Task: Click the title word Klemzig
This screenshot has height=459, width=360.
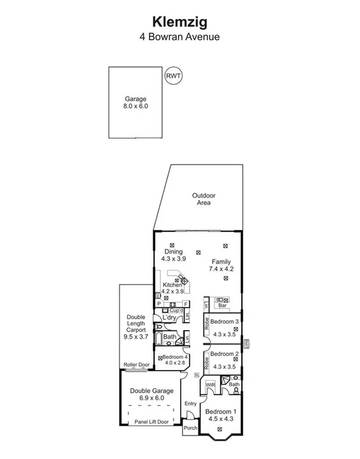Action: click(x=179, y=23)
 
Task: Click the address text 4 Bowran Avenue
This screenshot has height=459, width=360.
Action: click(x=179, y=37)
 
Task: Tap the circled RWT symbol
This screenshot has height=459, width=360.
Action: click(x=174, y=76)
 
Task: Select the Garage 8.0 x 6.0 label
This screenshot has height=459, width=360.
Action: click(x=135, y=102)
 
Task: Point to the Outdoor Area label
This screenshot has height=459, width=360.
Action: click(x=203, y=199)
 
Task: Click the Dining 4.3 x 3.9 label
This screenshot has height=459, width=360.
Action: click(x=174, y=255)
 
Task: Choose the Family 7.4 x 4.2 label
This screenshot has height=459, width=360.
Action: click(x=220, y=265)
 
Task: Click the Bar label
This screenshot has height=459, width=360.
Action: click(x=221, y=304)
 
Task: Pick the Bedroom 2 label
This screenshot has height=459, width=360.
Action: click(x=224, y=354)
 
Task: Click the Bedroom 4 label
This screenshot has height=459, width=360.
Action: click(x=175, y=358)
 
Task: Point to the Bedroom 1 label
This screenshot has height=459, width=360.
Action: click(x=221, y=412)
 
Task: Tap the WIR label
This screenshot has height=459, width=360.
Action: click(x=211, y=385)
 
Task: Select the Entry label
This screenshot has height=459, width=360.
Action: click(x=190, y=404)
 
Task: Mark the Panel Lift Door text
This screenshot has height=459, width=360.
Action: click(x=150, y=422)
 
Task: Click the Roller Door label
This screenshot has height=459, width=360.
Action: click(x=137, y=365)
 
